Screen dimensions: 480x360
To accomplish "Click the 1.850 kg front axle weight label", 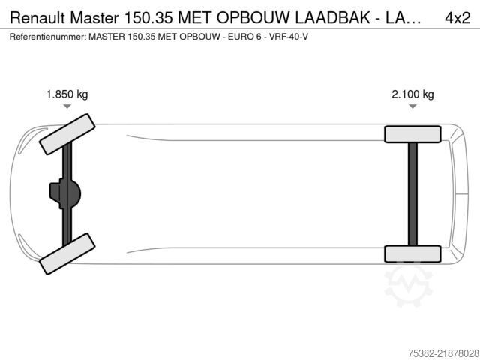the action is (x=67, y=94).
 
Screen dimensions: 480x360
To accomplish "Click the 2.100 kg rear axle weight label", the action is (x=412, y=94).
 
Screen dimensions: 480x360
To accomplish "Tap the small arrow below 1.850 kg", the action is (x=67, y=106).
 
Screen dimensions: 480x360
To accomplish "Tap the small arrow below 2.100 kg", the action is (x=412, y=106).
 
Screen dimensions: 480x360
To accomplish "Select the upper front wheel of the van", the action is (x=67, y=134).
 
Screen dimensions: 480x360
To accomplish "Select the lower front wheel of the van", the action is (x=67, y=253).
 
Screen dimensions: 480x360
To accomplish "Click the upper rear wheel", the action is (x=412, y=134).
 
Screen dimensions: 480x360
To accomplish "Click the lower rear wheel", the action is (x=412, y=253).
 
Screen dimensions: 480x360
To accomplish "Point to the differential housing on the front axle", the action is (x=65, y=194).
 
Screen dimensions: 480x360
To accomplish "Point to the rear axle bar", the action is (x=412, y=194).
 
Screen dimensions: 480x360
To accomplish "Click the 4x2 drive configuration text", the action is (x=457, y=18).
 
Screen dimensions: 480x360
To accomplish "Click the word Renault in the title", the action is (x=37, y=18).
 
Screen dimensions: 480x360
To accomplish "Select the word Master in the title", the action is (x=94, y=18).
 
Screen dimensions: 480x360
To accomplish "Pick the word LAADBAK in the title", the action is (x=332, y=18).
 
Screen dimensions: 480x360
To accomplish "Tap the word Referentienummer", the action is (x=47, y=37).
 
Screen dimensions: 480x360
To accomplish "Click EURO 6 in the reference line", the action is (x=244, y=37).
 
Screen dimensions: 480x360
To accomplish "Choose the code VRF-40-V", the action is (x=288, y=37).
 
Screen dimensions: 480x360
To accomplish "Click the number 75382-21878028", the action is (x=443, y=353).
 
